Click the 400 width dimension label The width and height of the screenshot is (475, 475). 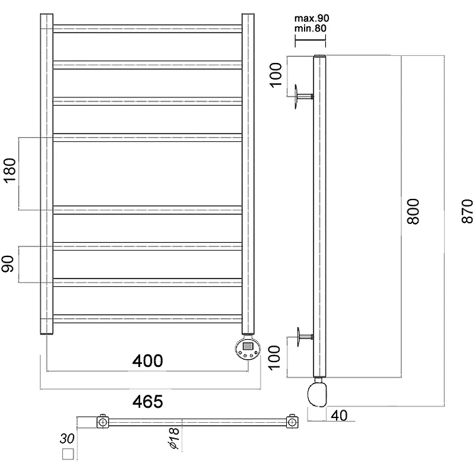(147, 361)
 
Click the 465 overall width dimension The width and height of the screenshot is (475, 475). (147, 402)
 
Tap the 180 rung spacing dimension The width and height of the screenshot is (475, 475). (10, 170)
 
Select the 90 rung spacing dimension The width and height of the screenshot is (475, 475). (8, 264)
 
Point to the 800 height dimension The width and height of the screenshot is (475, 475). (413, 211)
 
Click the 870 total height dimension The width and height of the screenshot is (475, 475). (467, 211)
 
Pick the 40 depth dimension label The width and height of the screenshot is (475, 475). (339, 416)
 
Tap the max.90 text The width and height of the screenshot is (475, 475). (312, 18)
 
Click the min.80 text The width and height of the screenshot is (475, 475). (311, 28)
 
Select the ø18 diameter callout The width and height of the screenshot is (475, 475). (173, 438)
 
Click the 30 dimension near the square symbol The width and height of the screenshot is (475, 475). (67, 438)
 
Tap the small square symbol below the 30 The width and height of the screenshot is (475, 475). (68, 454)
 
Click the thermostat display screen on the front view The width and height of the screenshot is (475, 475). (248, 346)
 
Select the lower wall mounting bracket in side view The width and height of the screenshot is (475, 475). (305, 337)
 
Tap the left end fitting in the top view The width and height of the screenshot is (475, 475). (103, 422)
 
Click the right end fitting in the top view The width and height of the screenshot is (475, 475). (292, 422)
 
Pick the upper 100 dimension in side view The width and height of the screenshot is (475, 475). (275, 75)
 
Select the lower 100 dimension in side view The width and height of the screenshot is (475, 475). (274, 357)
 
